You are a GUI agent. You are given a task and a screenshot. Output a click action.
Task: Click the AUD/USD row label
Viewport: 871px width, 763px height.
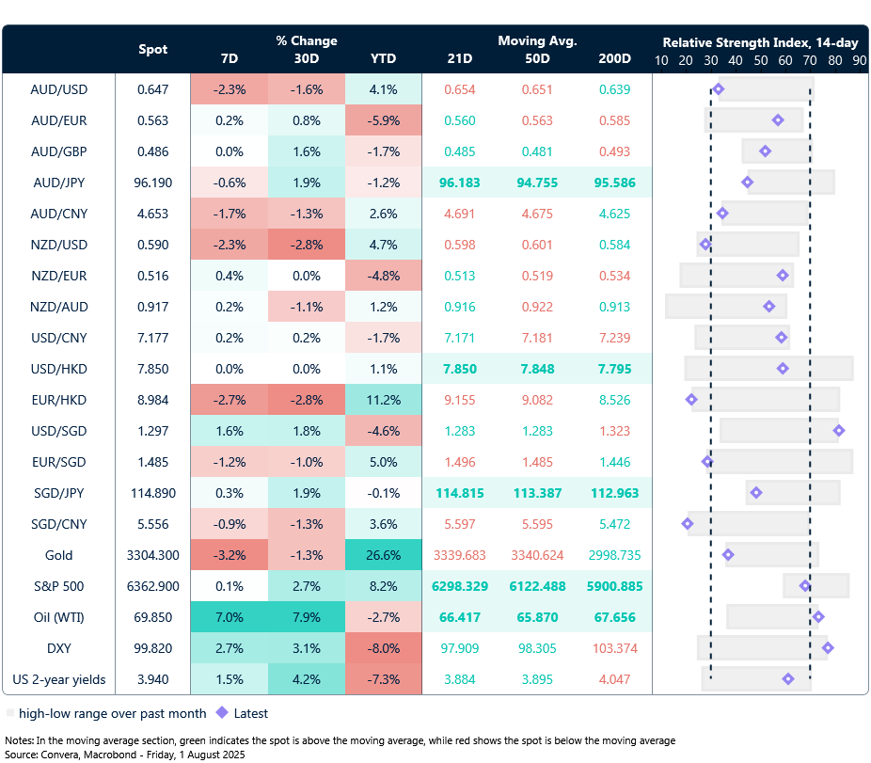pyautogui.click(x=59, y=89)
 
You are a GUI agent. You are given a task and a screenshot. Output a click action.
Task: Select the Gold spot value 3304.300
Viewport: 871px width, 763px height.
pyautogui.click(x=152, y=555)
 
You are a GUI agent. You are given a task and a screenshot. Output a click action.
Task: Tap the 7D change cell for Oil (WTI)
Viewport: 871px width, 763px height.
pyautogui.click(x=229, y=617)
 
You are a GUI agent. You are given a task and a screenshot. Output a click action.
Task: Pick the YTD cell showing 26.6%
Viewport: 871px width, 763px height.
pyautogui.click(x=383, y=555)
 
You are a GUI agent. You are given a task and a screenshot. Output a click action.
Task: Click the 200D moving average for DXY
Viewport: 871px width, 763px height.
pyautogui.click(x=614, y=648)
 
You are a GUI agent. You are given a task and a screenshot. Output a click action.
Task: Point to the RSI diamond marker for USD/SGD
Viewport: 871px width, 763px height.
pyautogui.click(x=838, y=431)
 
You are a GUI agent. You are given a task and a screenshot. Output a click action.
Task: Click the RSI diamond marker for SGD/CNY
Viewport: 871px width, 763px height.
pyautogui.click(x=687, y=524)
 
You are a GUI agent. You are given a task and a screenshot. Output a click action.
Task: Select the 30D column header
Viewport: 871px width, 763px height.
pyautogui.click(x=306, y=58)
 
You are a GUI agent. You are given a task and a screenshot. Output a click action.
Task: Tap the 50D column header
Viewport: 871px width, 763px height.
pyautogui.click(x=537, y=58)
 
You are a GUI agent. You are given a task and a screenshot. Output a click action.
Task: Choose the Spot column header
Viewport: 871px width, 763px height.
pyautogui.click(x=153, y=49)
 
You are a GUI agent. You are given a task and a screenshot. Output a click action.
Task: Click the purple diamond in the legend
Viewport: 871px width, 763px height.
pyautogui.click(x=222, y=713)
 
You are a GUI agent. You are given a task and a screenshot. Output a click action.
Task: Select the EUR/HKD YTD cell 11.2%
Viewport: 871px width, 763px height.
pyautogui.click(x=383, y=400)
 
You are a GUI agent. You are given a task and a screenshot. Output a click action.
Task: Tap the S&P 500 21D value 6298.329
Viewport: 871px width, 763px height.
pyautogui.click(x=460, y=586)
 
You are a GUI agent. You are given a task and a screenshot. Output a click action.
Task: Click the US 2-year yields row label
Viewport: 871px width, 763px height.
pyautogui.click(x=59, y=679)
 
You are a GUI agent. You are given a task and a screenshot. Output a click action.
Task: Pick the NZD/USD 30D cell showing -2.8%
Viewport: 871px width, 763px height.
pyautogui.click(x=306, y=245)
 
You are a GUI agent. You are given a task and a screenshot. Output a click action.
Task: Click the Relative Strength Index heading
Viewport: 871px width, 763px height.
pyautogui.click(x=759, y=42)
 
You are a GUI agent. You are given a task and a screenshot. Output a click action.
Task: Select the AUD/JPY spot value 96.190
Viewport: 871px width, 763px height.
pyautogui.click(x=152, y=183)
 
